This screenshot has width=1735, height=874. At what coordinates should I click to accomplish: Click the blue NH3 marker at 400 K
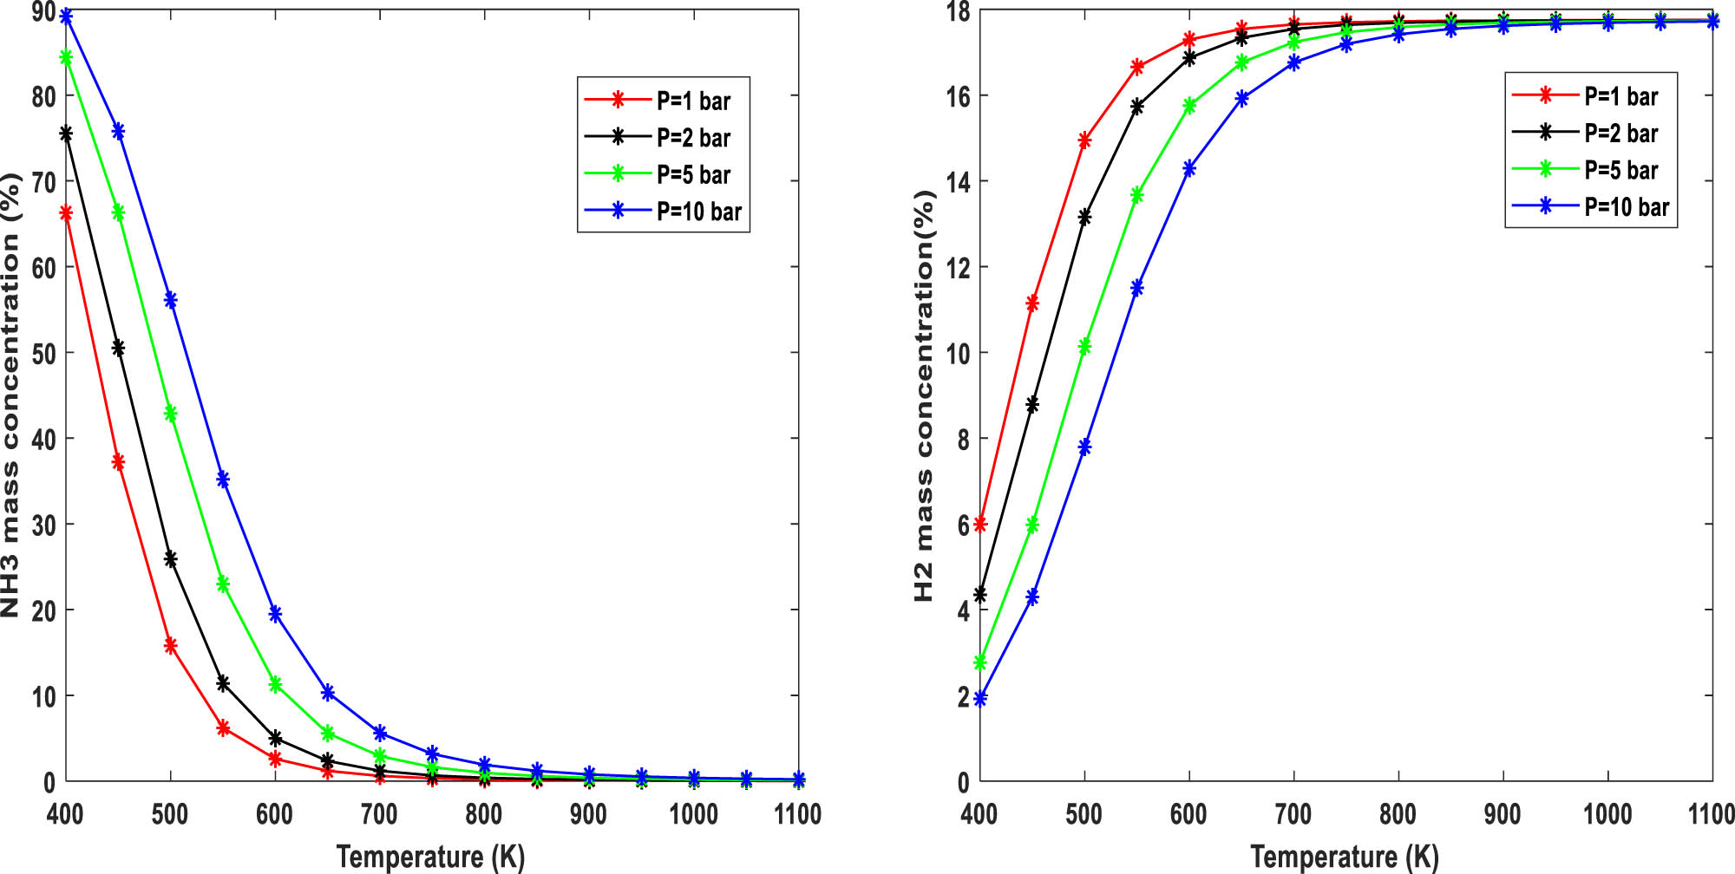(66, 16)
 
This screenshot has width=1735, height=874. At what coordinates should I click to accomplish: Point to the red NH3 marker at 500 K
(171, 646)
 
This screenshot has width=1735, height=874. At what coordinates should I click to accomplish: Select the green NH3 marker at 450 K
(118, 212)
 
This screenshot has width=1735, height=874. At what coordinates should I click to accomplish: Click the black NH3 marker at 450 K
(118, 349)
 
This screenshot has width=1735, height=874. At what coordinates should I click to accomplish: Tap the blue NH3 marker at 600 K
(275, 614)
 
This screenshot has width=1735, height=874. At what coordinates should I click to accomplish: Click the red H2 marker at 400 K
(980, 525)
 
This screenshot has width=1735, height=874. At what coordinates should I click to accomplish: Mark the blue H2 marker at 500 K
(1084, 447)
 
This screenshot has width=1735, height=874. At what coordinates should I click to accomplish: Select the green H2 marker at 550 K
(1137, 195)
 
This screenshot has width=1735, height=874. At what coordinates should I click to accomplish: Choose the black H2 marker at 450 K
(1032, 405)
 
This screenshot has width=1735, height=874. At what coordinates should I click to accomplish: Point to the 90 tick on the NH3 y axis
(43, 13)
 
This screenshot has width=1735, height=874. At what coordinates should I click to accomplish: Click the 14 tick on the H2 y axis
(958, 181)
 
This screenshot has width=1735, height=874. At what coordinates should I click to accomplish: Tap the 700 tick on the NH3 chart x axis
(379, 814)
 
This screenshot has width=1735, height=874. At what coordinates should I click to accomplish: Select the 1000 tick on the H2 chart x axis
(1607, 814)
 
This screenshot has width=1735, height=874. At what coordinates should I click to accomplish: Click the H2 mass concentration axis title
(925, 395)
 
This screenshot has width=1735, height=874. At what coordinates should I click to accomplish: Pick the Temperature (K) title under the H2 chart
(1344, 857)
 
